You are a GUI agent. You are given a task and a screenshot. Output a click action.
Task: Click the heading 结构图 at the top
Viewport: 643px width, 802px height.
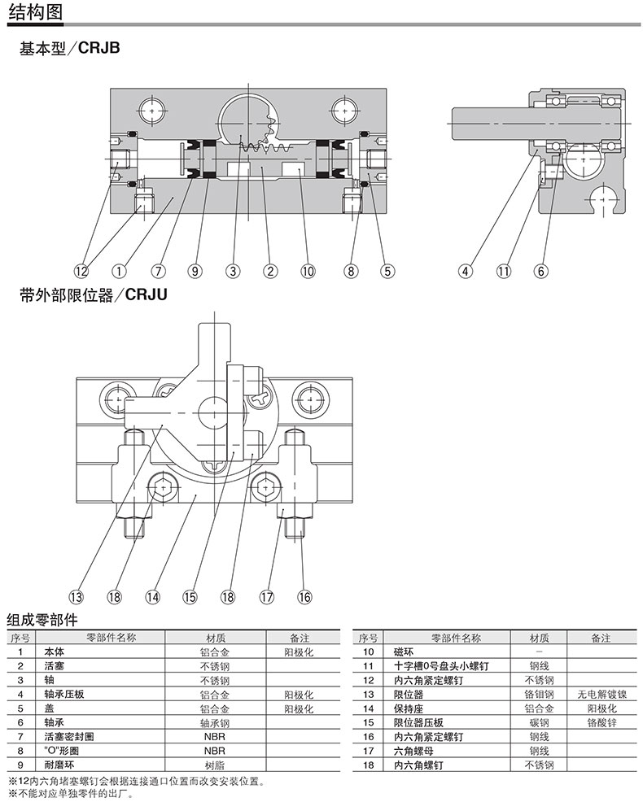coord(34,12)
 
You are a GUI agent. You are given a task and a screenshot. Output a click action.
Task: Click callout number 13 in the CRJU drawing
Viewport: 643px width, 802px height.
coord(76,596)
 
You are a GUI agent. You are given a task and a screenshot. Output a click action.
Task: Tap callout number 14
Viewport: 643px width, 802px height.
coord(152,596)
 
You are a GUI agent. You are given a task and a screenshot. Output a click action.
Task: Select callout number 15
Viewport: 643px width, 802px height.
coord(190,596)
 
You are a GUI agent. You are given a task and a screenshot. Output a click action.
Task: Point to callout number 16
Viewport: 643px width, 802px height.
coord(304,596)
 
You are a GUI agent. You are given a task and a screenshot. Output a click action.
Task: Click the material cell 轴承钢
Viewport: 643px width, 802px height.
coord(214,721)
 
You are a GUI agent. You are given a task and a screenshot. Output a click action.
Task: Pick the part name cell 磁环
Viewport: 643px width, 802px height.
coord(404,652)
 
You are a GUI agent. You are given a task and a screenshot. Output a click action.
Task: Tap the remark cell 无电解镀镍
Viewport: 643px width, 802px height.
coord(601,694)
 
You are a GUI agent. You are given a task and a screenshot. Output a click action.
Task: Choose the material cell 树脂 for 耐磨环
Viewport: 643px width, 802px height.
coord(214,765)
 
